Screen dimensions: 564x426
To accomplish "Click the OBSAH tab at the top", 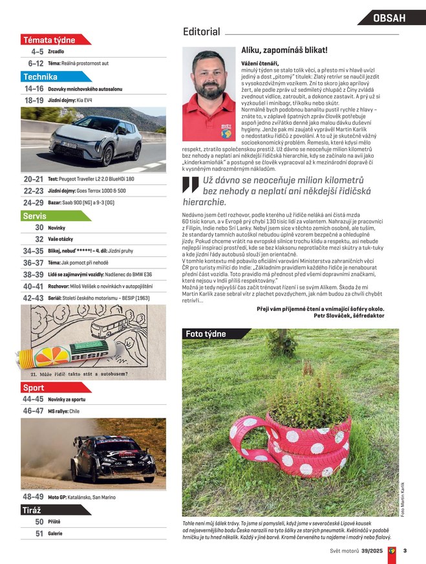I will coord(389,18).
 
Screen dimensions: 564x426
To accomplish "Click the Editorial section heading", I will coord(202,32).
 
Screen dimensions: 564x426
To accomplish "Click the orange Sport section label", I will coord(33,388).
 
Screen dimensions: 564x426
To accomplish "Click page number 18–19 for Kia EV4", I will coord(34,100).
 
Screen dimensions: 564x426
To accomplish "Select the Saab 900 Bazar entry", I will coord(90,202).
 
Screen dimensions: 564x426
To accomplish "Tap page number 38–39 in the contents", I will coord(34,274).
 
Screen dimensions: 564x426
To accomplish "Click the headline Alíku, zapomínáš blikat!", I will coord(284,50).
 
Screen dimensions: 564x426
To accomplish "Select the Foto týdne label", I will coord(206,334).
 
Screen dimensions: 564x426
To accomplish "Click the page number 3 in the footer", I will coord(405,551).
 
